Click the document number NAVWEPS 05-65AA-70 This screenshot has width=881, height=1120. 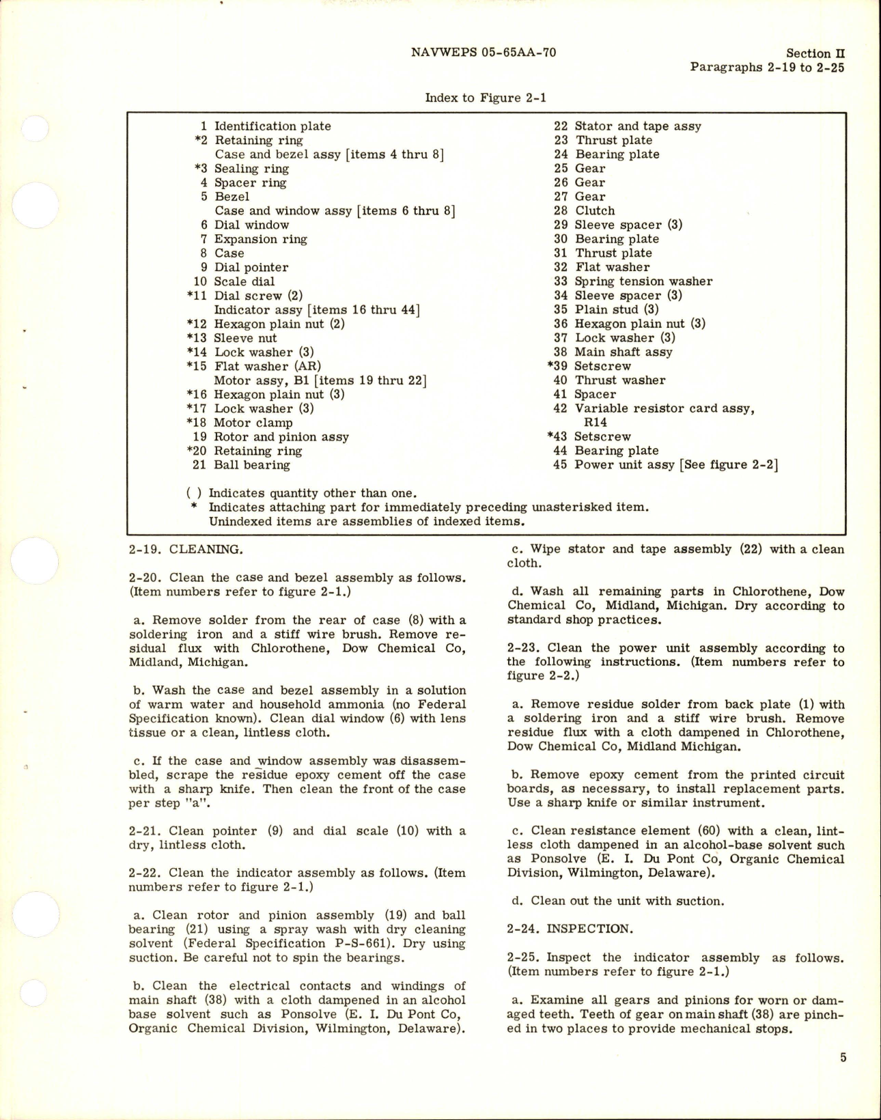click(484, 53)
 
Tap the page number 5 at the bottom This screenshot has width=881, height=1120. click(843, 1058)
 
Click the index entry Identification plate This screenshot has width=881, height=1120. click(272, 126)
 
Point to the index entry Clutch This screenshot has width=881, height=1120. click(594, 211)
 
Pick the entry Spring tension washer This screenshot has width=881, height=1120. click(643, 281)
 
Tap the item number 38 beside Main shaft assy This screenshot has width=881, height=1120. click(561, 352)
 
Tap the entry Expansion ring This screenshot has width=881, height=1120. click(260, 239)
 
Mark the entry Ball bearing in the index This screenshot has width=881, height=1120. click(251, 465)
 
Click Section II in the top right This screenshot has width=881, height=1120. click(817, 53)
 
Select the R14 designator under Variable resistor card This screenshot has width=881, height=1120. click(596, 423)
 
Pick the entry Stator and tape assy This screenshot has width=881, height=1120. click(637, 126)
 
